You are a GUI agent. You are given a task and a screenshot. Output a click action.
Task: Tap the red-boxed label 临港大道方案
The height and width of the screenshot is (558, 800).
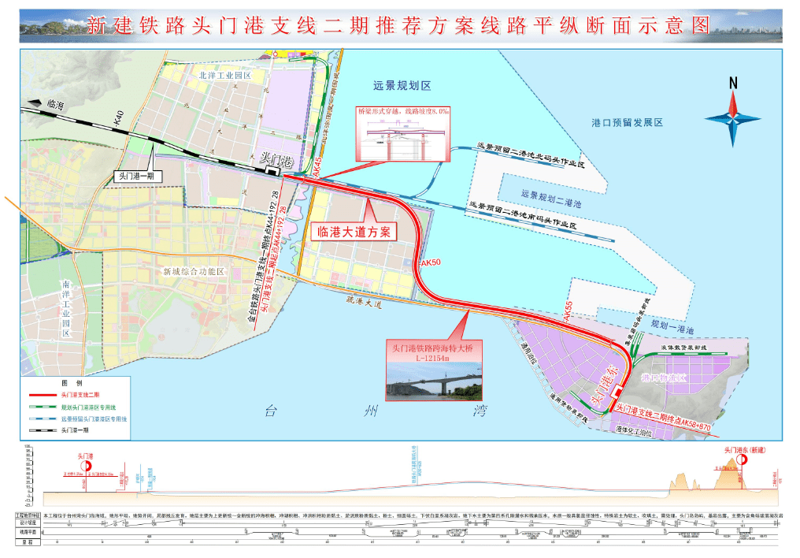tap(354, 232)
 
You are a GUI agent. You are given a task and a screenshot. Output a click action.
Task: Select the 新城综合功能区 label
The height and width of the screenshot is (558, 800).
tap(194, 272)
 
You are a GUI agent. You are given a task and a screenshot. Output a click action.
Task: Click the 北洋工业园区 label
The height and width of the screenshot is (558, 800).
tap(224, 76)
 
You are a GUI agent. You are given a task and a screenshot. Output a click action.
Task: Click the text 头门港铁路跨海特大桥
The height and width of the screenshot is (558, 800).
tap(431, 347)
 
